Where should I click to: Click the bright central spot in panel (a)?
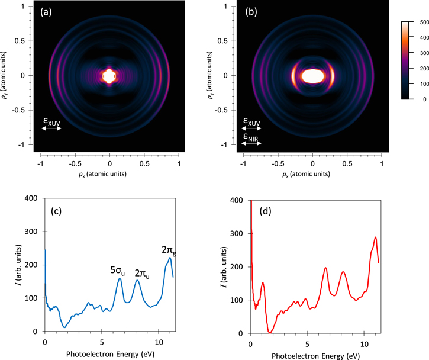[109, 76]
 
